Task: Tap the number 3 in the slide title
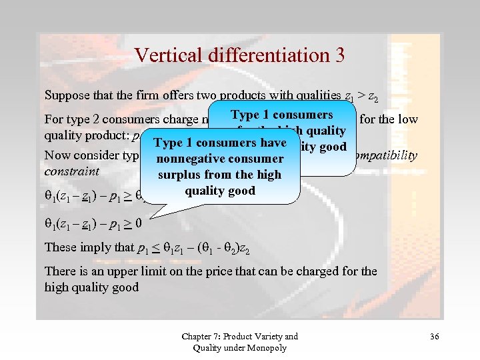(x=339, y=55)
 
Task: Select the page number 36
(x=434, y=337)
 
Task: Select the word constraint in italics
(x=71, y=171)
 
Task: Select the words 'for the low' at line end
(x=389, y=120)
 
